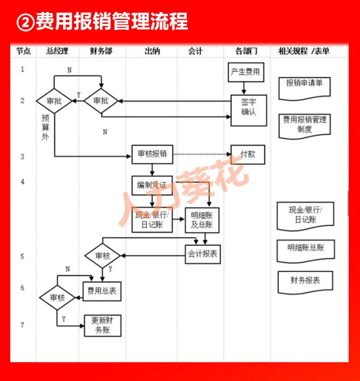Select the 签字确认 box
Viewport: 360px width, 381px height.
(248, 107)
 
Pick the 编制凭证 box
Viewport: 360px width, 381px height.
(152, 185)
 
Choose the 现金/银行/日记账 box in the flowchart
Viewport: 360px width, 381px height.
(152, 219)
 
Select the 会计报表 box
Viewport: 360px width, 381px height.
(202, 254)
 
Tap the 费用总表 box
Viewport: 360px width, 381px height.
(102, 291)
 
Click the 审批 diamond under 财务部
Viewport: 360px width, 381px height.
(101, 101)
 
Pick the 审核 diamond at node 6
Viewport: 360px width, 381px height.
(57, 298)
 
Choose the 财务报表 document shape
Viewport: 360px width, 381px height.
(305, 281)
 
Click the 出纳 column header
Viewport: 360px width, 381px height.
(152, 51)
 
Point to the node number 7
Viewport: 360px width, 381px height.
(23, 325)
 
